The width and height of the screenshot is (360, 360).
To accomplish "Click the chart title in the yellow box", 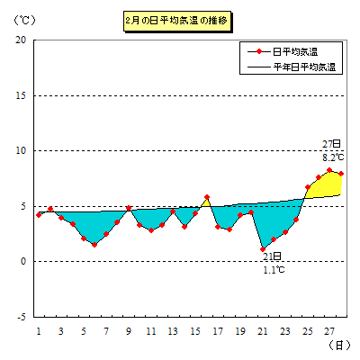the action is (177, 21).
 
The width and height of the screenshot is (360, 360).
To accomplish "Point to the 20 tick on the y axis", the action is (21, 40).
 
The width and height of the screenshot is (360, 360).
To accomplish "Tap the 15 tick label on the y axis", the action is (21, 95).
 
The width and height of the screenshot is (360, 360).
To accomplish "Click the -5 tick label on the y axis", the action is (21, 317).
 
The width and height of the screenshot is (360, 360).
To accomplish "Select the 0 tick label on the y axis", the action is (23, 261).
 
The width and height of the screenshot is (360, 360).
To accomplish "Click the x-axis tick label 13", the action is (173, 331).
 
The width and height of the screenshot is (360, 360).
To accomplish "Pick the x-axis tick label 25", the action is (308, 331).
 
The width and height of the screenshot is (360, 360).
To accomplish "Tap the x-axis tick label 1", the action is (39, 331).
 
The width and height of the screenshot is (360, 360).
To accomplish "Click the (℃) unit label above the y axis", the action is (25, 21).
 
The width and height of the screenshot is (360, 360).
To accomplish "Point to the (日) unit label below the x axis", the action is (339, 346).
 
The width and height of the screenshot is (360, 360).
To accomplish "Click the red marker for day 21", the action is (263, 249).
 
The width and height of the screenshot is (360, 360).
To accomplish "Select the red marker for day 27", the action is (329, 170).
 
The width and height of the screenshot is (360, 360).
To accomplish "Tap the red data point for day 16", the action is (207, 197).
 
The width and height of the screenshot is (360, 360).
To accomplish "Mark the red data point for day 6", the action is (94, 245).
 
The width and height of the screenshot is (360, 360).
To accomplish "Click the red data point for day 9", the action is (129, 208).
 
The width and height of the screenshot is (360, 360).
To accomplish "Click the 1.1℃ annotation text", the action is (274, 270).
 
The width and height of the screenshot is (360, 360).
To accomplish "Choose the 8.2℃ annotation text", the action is (333, 157).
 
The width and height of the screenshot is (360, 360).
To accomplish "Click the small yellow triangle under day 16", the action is (206, 203).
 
